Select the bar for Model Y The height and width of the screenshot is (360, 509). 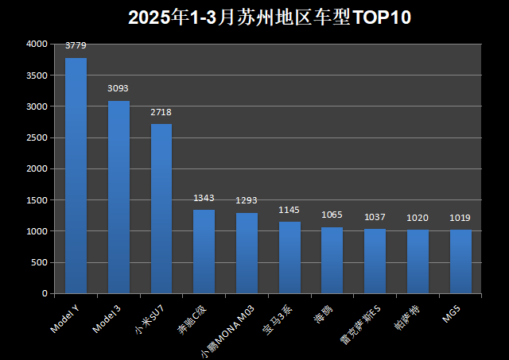pyautogui.click(x=76, y=175)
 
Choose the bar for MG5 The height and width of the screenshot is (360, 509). pyautogui.click(x=460, y=261)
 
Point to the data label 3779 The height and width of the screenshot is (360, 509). pyautogui.click(x=76, y=45)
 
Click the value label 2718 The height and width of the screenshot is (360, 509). pyautogui.click(x=161, y=112)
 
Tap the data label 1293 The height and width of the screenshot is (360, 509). pyautogui.click(x=247, y=199)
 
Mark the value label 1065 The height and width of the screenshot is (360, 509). pyautogui.click(x=332, y=215)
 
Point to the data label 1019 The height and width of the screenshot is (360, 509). pyautogui.click(x=460, y=217)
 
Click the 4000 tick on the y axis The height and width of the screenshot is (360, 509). pyautogui.click(x=37, y=45)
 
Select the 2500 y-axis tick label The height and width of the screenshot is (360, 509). pyautogui.click(x=37, y=137)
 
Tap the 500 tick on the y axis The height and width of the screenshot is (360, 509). pyautogui.click(x=40, y=262)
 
